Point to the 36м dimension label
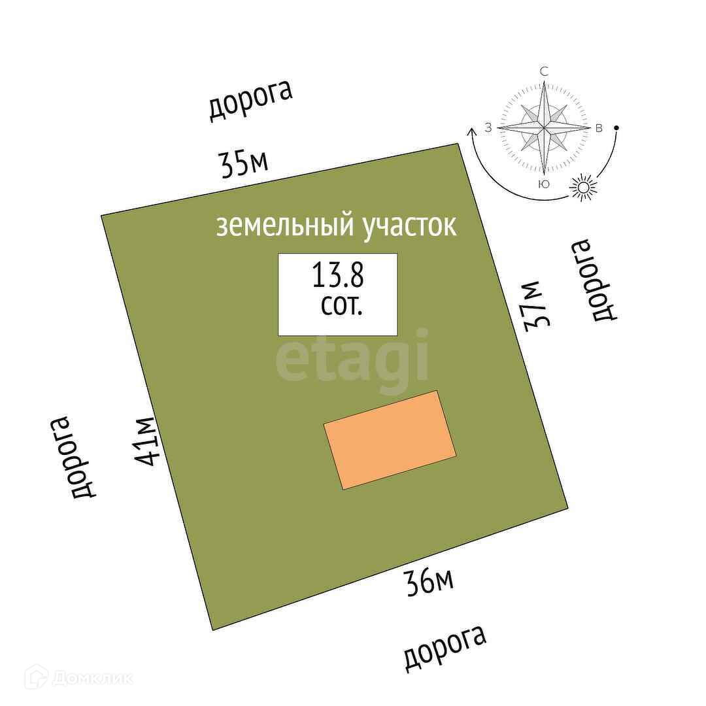pyautogui.click(x=429, y=581)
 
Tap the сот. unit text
pyautogui.click(x=341, y=306)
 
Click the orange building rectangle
pyautogui.click(x=390, y=440)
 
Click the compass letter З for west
pyautogui.click(x=488, y=128)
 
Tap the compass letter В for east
pyautogui.click(x=598, y=128)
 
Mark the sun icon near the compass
pyautogui.click(x=584, y=188)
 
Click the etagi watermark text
pyautogui.click(x=352, y=356)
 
